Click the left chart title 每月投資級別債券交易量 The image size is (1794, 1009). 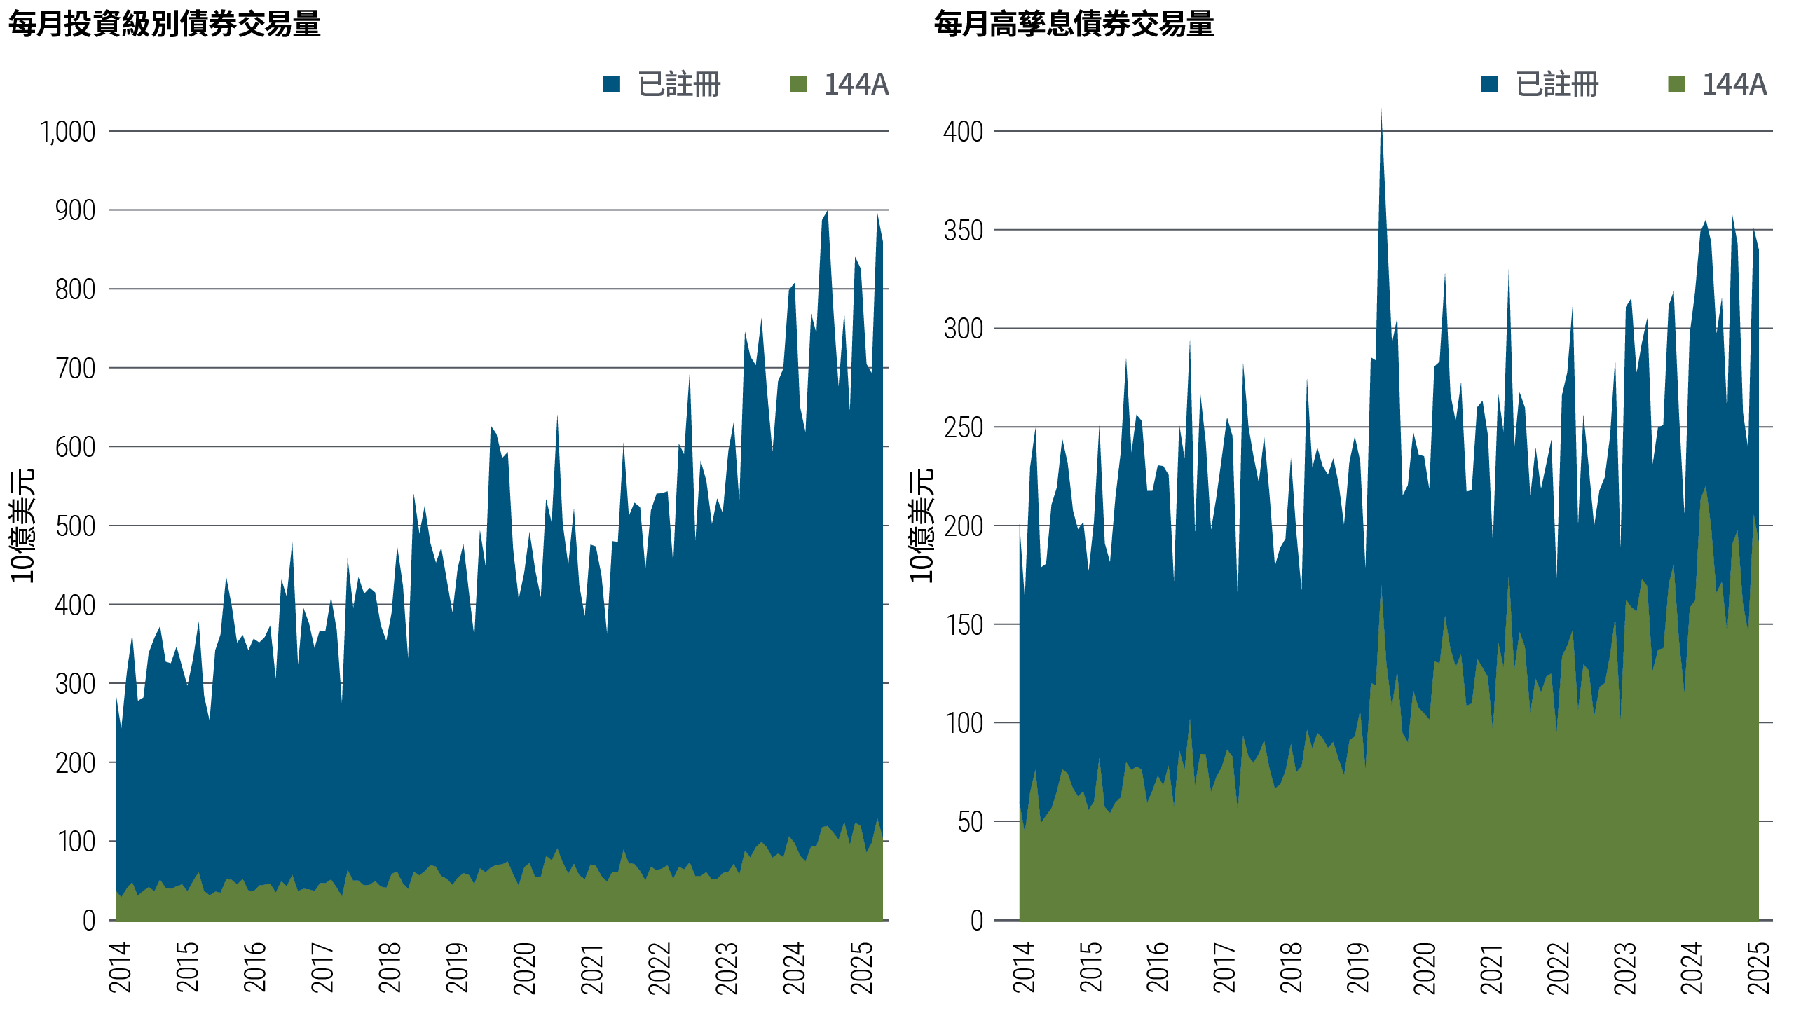pyautogui.click(x=164, y=24)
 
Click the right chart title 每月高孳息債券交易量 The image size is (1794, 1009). pyautogui.click(x=1074, y=24)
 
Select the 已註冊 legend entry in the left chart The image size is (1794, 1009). pyautogui.click(x=678, y=85)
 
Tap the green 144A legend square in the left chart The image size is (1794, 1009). pyautogui.click(x=798, y=85)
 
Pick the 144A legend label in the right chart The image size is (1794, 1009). pyautogui.click(x=1734, y=85)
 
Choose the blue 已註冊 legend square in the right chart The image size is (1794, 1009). pyautogui.click(x=1490, y=85)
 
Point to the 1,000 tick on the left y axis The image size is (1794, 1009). pyautogui.click(x=68, y=132)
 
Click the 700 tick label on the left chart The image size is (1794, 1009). pyautogui.click(x=75, y=369)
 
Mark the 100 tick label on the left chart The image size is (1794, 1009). pyautogui.click(x=75, y=842)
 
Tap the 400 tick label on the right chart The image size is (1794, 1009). pyautogui.click(x=963, y=132)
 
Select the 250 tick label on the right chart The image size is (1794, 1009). pyautogui.click(x=963, y=427)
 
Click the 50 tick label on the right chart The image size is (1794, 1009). pyautogui.click(x=970, y=822)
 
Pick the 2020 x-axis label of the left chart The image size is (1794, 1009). pyautogui.click(x=525, y=968)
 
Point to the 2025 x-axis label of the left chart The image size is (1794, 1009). pyautogui.click(x=862, y=968)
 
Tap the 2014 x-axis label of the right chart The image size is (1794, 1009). pyautogui.click(x=1024, y=968)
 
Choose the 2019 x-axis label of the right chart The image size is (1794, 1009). pyautogui.click(x=1358, y=968)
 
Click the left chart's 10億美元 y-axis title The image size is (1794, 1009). pyautogui.click(x=22, y=526)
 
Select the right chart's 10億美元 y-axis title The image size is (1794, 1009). pyautogui.click(x=921, y=526)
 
